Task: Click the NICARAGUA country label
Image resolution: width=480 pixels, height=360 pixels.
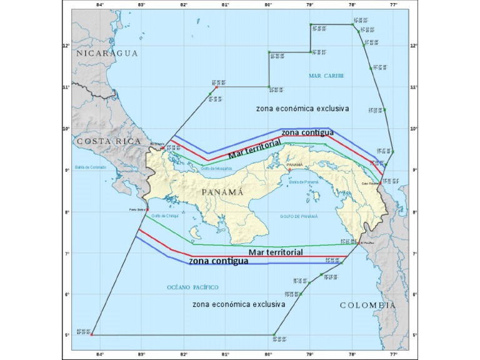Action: click(x=107, y=54)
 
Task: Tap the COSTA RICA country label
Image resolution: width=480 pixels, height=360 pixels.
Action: click(x=109, y=142)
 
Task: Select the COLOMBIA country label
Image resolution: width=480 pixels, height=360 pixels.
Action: click(x=367, y=305)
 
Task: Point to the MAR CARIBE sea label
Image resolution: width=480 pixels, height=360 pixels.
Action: click(x=327, y=76)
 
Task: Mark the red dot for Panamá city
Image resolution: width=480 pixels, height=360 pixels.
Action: click(x=289, y=169)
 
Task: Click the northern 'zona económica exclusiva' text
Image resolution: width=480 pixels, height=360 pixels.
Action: click(x=302, y=109)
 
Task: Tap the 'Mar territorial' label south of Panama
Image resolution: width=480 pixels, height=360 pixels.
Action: click(x=276, y=252)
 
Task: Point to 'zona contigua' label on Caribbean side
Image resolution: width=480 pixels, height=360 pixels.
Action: click(x=307, y=132)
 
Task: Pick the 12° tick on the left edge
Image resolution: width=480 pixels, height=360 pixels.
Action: click(x=66, y=45)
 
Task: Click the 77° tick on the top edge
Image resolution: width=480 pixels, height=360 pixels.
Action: click(x=394, y=6)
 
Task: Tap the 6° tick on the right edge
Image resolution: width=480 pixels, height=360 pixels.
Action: click(x=414, y=294)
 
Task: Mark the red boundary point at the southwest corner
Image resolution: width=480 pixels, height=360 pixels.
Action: click(x=92, y=335)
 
